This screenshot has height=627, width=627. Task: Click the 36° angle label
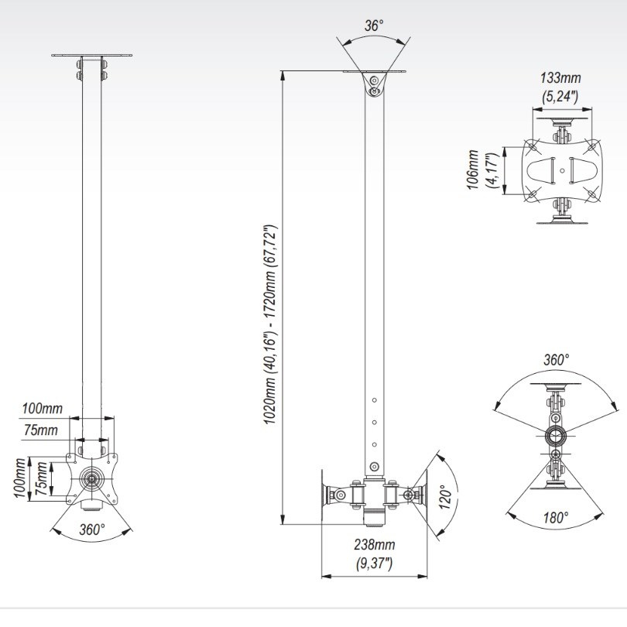[375, 26]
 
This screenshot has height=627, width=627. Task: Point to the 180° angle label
[555, 516]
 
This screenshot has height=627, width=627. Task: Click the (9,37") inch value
[375, 562]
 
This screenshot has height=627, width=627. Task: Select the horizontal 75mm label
[41, 430]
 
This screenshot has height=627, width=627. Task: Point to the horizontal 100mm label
[43, 408]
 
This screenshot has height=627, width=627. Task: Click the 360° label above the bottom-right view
[555, 361]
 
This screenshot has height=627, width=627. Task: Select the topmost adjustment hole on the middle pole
[375, 399]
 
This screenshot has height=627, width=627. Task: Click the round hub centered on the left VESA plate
[92, 478]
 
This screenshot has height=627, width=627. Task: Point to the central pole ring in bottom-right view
[555, 434]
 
